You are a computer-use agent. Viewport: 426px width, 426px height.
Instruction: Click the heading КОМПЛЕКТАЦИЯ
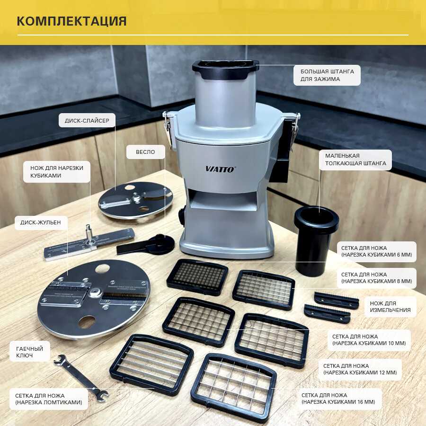(72, 21)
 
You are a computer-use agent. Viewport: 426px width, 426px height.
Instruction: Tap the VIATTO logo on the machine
(220, 169)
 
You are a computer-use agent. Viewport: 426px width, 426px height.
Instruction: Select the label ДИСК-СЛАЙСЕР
(87, 121)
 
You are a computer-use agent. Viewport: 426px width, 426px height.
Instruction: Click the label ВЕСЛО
(145, 152)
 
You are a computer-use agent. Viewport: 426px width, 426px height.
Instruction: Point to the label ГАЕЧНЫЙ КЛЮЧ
(30, 352)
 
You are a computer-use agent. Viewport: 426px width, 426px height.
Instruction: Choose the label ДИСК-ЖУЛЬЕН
(41, 222)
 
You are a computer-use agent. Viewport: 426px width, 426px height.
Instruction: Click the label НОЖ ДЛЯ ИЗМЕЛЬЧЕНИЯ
(390, 307)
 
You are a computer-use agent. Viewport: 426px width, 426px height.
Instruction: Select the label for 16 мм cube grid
(338, 399)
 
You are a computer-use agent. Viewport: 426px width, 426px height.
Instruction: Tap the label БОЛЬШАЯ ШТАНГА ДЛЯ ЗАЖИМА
(327, 75)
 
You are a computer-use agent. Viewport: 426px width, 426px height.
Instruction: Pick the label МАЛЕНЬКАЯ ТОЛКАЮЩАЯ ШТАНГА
(355, 160)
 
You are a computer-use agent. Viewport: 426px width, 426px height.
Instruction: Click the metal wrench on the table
(81, 378)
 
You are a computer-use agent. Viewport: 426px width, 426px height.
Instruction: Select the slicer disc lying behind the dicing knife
(135, 201)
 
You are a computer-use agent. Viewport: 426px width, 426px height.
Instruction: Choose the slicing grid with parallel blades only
(151, 364)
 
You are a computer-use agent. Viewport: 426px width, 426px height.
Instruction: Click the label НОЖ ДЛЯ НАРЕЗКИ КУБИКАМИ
(56, 172)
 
